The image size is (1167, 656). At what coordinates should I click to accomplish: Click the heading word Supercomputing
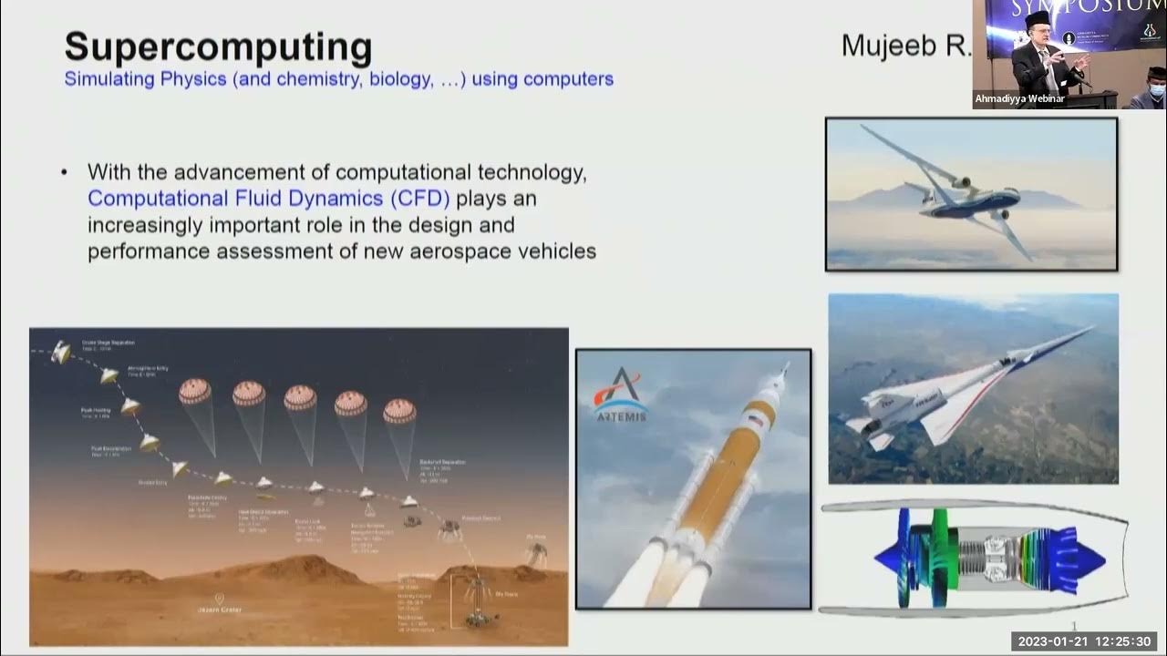tap(218, 46)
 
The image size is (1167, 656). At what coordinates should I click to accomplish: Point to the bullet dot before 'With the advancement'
tap(64, 172)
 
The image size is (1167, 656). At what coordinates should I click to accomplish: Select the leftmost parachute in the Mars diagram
tap(195, 392)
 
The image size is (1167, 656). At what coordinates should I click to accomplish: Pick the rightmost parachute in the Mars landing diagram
tap(399, 411)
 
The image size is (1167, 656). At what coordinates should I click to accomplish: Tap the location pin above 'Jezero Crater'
tap(217, 598)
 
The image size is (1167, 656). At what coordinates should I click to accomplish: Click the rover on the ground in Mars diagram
tap(476, 620)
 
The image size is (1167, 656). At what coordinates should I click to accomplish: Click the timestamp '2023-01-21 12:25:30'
tap(1084, 641)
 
